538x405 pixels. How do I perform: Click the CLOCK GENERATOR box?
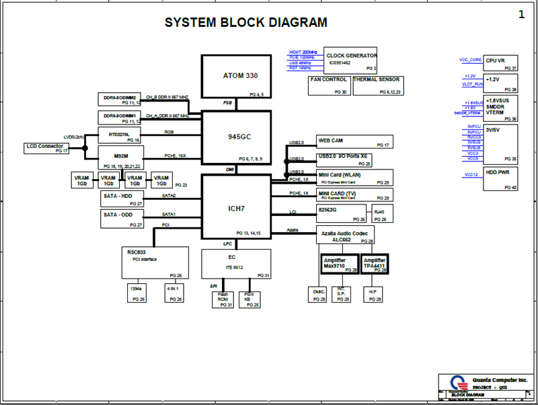350,60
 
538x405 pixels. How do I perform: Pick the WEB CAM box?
354,142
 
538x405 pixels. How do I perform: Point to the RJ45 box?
379,214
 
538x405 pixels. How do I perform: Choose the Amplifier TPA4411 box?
375,264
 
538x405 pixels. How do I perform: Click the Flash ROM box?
223,299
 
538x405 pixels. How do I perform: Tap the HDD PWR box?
501,179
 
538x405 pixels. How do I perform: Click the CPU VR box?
501,63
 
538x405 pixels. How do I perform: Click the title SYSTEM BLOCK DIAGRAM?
246,23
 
